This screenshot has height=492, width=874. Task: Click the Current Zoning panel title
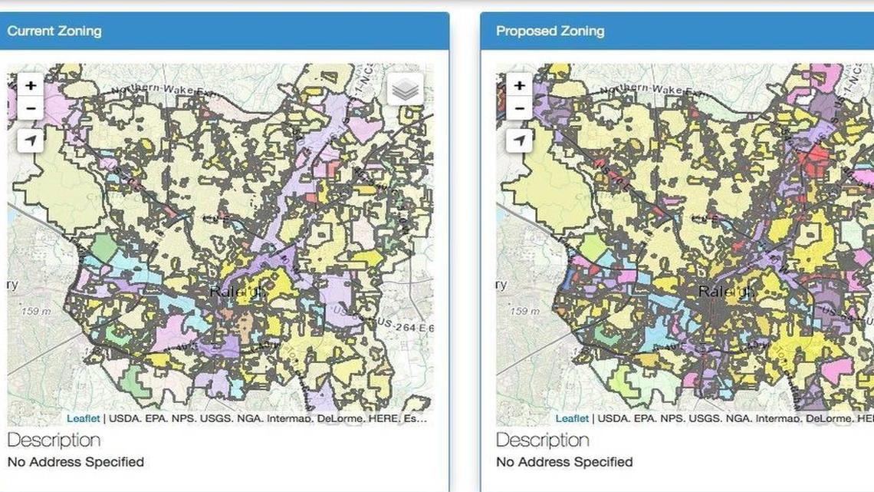click(x=54, y=31)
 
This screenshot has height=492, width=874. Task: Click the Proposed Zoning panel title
click(x=550, y=31)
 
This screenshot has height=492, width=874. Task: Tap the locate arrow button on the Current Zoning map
click(x=31, y=140)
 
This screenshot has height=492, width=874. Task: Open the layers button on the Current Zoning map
click(x=404, y=91)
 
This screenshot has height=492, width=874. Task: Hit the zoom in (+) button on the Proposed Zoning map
click(x=520, y=85)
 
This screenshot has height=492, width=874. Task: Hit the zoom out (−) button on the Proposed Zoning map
click(x=520, y=108)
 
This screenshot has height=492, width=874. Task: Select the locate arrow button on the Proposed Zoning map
click(x=520, y=140)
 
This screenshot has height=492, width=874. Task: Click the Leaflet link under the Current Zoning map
click(x=83, y=418)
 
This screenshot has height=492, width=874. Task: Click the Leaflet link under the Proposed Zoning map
click(x=572, y=418)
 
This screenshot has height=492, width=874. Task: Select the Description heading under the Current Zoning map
click(x=54, y=440)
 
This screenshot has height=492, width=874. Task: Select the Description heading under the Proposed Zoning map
click(x=543, y=440)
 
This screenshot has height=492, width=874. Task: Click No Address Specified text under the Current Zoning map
click(x=75, y=462)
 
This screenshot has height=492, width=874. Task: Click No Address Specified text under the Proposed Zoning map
click(x=564, y=462)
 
